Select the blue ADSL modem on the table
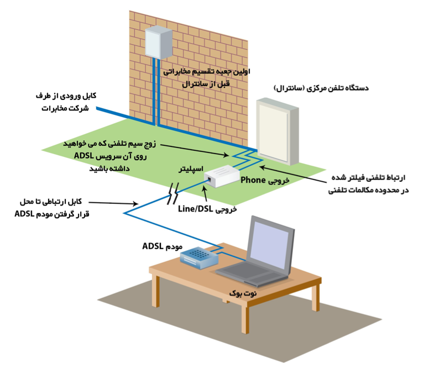199,256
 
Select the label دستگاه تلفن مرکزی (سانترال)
321,87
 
